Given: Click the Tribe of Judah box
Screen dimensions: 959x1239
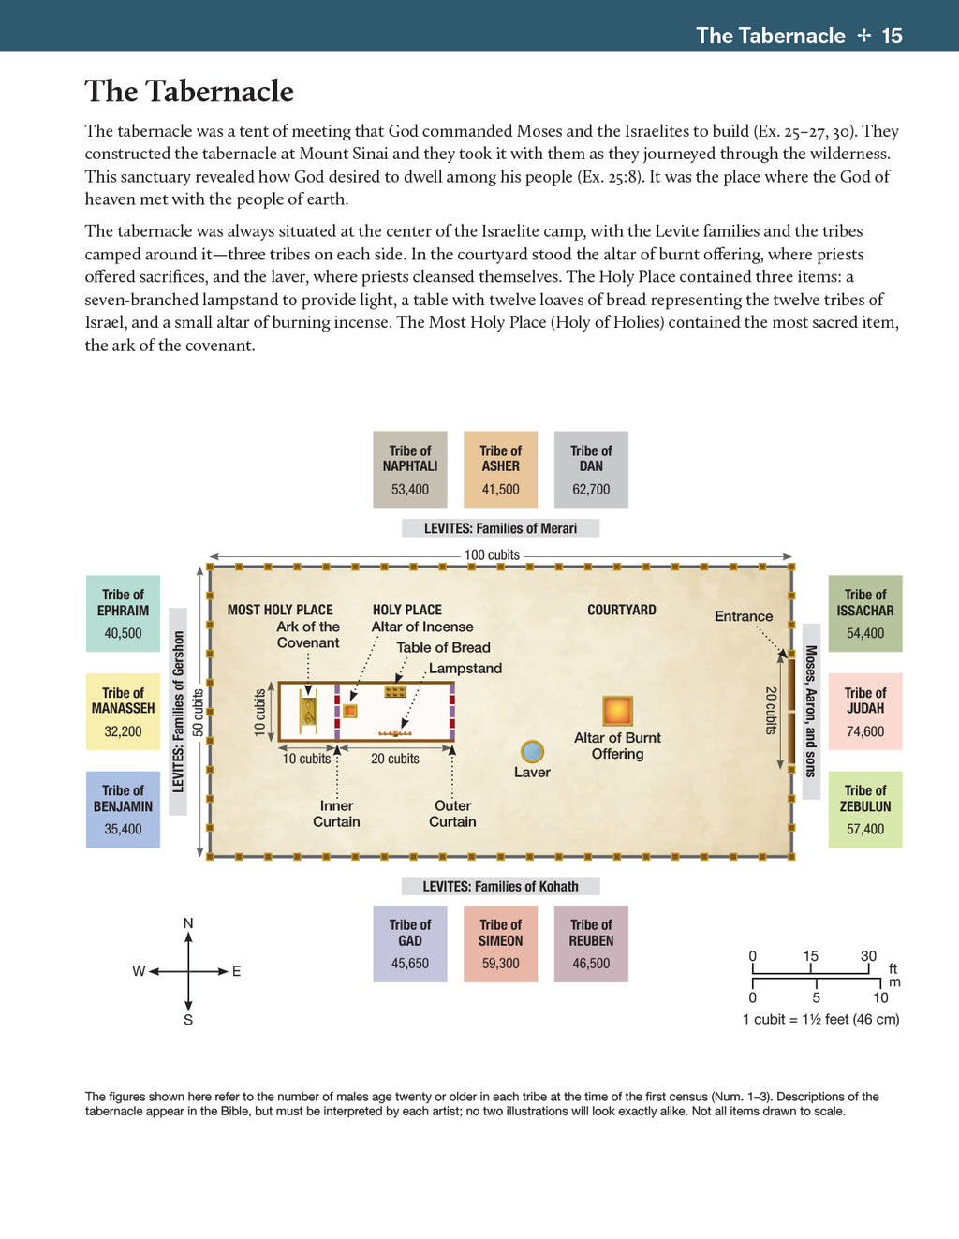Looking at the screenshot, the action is tap(865, 711).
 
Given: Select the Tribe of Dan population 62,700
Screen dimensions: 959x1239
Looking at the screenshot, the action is tap(591, 489).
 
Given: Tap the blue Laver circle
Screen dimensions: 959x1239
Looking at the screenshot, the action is tap(532, 751).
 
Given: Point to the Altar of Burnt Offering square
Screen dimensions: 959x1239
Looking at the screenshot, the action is tap(617, 711).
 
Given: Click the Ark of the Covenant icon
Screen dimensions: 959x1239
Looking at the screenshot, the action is tap(308, 711).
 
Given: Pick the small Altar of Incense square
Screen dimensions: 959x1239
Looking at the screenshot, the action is tap(349, 711).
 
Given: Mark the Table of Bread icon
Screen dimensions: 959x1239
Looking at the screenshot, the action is tap(394, 692).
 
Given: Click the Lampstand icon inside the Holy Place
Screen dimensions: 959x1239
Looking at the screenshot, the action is tap(395, 733).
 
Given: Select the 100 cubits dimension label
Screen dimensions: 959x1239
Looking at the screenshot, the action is tap(492, 554).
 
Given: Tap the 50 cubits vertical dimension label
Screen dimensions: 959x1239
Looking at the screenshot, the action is tap(198, 713).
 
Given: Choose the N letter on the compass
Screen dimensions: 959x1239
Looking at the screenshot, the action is tap(188, 923).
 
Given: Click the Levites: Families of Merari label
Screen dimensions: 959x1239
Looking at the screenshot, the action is tap(500, 528).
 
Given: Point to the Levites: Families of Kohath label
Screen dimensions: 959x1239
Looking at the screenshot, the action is tap(500, 886).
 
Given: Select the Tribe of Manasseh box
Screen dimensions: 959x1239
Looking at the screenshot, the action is tap(123, 711).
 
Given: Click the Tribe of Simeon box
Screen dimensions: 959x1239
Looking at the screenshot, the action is tap(500, 943).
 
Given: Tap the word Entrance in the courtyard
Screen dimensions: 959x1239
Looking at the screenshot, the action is tap(744, 616).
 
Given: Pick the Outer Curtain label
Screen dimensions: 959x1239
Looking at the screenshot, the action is tap(452, 814).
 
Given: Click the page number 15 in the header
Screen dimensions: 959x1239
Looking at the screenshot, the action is tap(893, 36).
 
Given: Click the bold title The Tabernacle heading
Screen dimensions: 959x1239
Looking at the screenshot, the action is tap(189, 91).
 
